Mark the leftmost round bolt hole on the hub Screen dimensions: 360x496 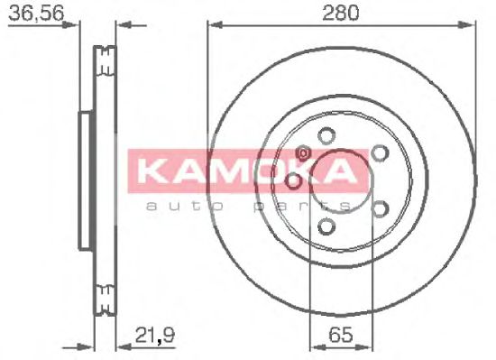[292, 183]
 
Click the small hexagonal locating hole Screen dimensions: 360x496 [304, 153]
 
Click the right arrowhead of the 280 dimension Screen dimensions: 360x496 [470, 25]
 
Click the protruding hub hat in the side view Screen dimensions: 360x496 [85, 180]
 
